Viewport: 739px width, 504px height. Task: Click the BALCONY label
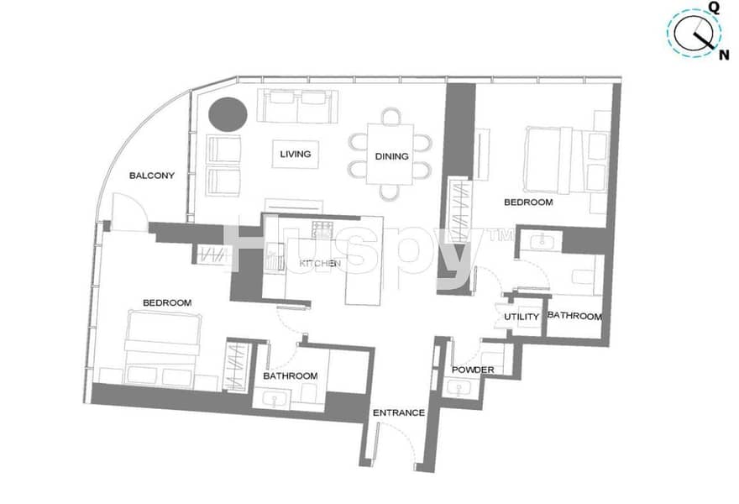click(152, 176)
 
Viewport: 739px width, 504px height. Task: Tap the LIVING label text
click(296, 155)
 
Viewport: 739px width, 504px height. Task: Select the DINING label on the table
click(391, 156)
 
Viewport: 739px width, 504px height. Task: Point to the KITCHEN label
click(320, 263)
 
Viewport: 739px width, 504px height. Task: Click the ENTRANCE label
click(399, 413)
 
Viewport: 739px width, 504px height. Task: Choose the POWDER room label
click(473, 370)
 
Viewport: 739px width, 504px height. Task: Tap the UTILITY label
click(521, 317)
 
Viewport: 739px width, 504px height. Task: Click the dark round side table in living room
click(228, 114)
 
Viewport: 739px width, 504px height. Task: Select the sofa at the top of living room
click(297, 106)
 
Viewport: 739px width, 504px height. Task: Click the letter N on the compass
click(723, 55)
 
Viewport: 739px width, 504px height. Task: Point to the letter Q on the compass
click(715, 8)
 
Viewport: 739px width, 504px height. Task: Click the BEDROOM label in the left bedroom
click(167, 302)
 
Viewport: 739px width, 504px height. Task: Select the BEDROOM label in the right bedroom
click(528, 202)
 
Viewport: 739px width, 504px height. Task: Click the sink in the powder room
click(458, 388)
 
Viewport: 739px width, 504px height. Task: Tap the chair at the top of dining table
click(391, 116)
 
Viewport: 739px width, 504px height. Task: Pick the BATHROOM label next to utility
click(574, 316)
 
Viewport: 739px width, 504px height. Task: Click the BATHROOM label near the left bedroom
click(291, 376)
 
